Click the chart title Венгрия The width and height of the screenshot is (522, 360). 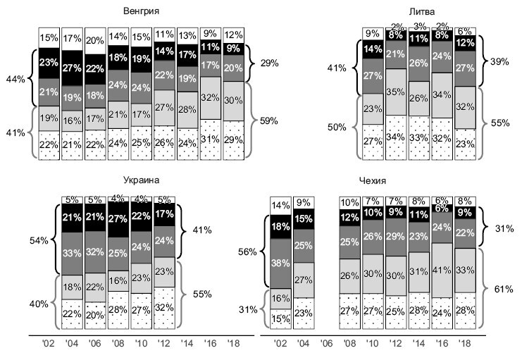[139, 12]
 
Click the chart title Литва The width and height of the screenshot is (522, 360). [422, 12]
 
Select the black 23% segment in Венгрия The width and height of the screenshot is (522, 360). [49, 62]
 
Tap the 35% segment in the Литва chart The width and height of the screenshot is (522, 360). [396, 92]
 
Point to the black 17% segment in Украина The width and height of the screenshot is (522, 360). [163, 214]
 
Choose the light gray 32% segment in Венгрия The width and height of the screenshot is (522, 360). [210, 98]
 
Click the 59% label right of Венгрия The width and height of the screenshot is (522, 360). [268, 120]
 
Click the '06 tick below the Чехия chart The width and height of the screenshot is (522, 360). [326, 345]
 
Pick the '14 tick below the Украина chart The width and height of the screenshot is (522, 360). [187, 345]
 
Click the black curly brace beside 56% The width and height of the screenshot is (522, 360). [265, 250]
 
